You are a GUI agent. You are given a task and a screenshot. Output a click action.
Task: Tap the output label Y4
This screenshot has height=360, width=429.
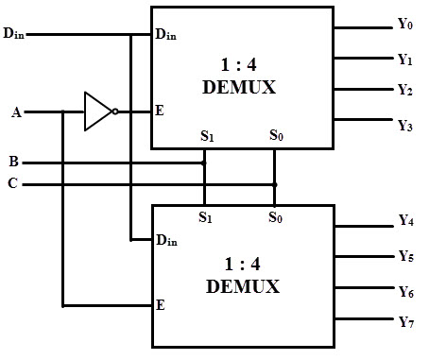[405, 222]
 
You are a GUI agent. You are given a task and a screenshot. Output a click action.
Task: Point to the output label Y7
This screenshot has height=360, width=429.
[405, 323]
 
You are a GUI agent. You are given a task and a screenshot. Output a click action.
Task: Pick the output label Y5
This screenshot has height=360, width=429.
[405, 256]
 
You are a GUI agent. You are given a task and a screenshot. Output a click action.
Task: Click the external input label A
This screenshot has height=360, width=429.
[16, 112]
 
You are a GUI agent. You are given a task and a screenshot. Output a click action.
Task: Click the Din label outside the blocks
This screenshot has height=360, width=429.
[13, 35]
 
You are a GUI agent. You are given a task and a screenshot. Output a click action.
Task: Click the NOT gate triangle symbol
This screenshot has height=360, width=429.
[96, 111]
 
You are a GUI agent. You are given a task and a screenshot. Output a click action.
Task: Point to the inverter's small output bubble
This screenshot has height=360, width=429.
[115, 111]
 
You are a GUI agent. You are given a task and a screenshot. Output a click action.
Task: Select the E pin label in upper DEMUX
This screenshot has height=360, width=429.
[160, 111]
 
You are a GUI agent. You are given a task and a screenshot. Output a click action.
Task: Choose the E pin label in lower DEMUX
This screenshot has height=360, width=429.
[160, 305]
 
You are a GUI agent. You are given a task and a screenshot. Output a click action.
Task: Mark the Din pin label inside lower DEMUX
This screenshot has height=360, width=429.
[166, 241]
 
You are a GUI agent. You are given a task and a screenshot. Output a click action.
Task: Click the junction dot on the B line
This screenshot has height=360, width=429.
[204, 163]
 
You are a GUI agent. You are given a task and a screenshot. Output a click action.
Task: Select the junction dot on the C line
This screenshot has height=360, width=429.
[274, 183]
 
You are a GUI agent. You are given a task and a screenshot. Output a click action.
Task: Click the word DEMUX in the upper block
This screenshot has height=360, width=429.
[240, 88]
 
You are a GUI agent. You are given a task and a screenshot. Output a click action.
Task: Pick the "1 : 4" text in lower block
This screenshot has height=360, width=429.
[240, 266]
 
